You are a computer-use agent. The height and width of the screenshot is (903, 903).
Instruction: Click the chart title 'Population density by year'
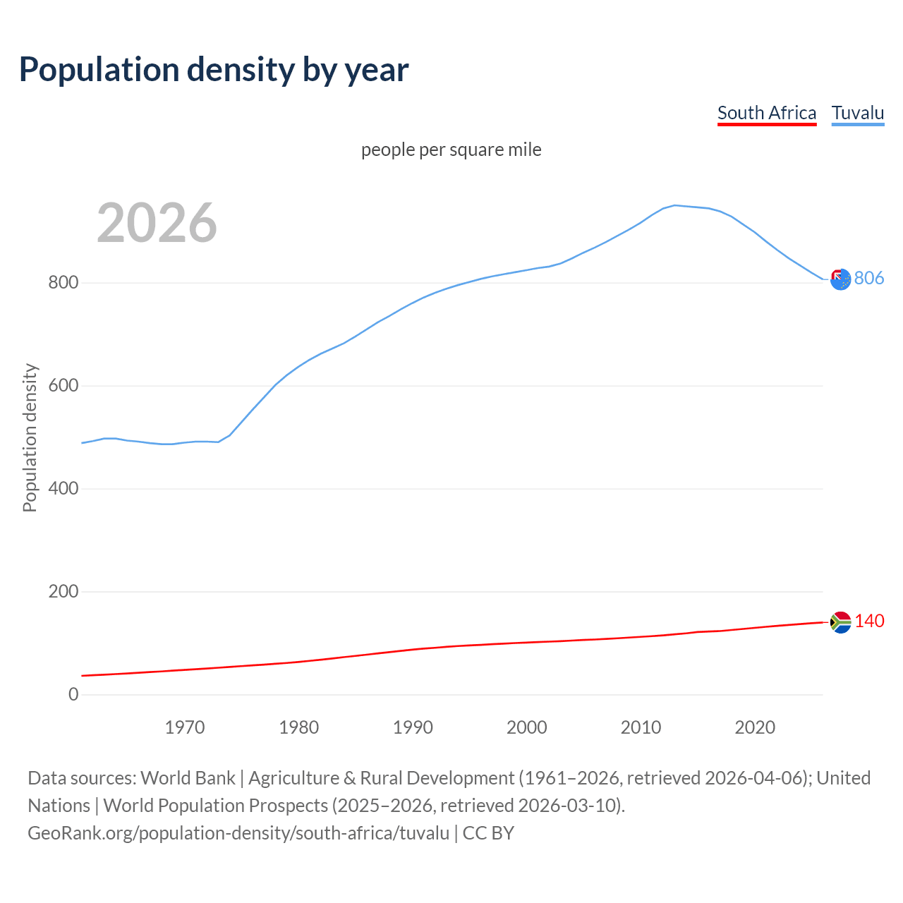tap(214, 69)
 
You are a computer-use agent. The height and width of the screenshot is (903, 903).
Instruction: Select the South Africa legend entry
tap(766, 113)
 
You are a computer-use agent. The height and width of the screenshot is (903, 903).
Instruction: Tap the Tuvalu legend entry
tap(857, 113)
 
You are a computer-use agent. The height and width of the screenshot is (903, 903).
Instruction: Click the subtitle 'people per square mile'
tap(451, 150)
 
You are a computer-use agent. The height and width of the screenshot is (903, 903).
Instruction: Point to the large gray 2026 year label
tap(157, 223)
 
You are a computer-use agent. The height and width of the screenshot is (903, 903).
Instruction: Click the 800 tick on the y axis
tap(63, 283)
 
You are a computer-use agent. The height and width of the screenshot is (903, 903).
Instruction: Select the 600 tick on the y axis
tap(63, 386)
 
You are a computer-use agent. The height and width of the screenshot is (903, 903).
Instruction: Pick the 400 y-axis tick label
tap(63, 489)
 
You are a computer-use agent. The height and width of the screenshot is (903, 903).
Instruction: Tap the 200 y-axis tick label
tap(63, 592)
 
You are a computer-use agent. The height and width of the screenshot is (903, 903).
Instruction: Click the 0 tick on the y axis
tap(73, 694)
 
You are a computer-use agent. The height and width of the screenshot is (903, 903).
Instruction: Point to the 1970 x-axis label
tap(185, 727)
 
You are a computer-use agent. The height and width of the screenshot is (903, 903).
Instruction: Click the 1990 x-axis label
tap(413, 727)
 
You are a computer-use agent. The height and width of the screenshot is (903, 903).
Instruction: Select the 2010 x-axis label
tap(641, 727)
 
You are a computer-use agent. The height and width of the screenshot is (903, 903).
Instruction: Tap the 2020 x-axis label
tap(755, 727)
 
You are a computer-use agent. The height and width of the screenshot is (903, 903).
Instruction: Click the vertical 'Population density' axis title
tap(30, 437)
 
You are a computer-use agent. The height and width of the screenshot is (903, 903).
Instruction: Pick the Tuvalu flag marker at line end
tap(840, 279)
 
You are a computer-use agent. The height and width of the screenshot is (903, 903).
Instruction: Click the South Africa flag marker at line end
tap(840, 622)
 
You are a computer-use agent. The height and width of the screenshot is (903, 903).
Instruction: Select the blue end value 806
tap(869, 278)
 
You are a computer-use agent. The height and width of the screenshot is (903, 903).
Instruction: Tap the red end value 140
tap(869, 621)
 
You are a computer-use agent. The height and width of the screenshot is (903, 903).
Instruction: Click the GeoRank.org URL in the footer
tap(238, 832)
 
